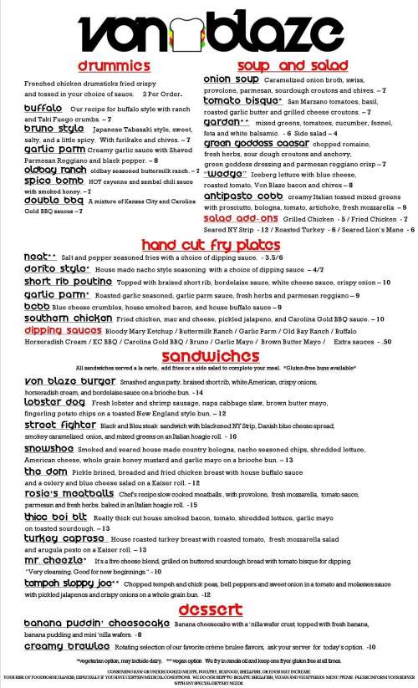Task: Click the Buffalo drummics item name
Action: point(43,109)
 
